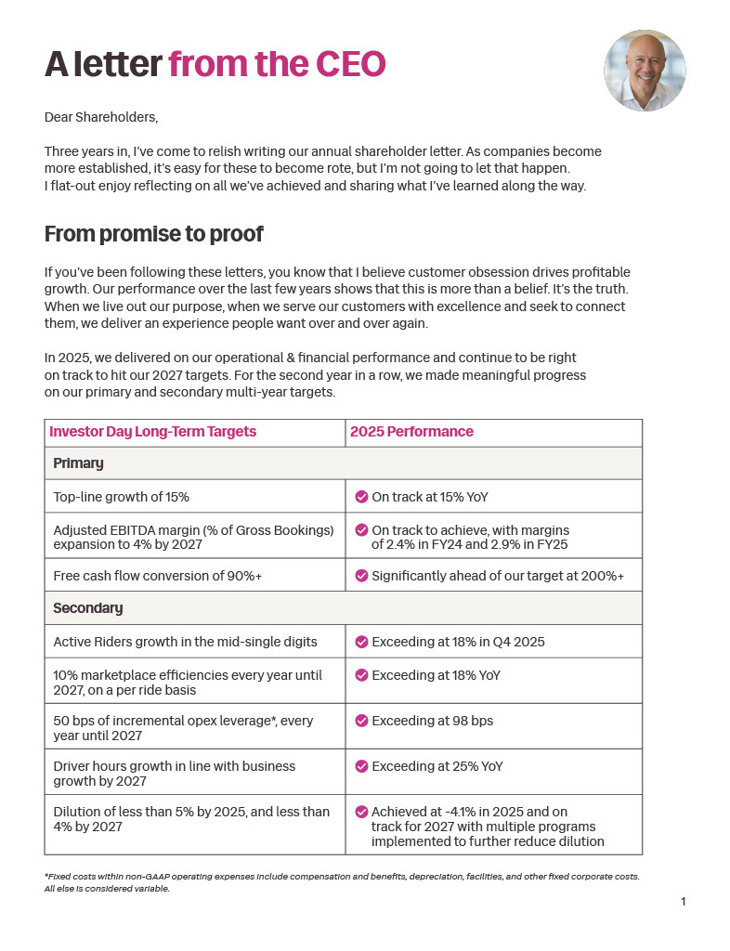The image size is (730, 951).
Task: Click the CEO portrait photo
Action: (645, 71)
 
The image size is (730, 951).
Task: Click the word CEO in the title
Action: (351, 64)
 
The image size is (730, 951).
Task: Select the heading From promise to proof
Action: (153, 234)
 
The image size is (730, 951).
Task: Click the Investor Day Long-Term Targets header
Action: (152, 432)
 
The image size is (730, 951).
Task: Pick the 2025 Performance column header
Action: (411, 432)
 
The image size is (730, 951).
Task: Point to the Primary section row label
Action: (78, 463)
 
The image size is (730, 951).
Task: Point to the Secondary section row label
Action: (88, 608)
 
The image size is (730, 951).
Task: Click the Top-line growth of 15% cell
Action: (122, 497)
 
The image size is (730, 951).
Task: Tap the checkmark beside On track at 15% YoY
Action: (361, 497)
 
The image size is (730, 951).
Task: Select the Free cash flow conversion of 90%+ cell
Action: (158, 576)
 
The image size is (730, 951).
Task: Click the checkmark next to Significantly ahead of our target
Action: (361, 576)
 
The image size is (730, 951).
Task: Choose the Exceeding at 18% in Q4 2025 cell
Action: (458, 642)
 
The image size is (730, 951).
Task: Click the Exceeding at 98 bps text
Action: (432, 721)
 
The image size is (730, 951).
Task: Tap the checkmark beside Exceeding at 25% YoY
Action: (361, 766)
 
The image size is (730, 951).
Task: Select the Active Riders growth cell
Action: (185, 642)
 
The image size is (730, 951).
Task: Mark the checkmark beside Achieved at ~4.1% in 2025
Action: (361, 812)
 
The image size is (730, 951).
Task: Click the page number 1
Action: (684, 902)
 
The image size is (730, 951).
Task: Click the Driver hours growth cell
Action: (175, 773)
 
